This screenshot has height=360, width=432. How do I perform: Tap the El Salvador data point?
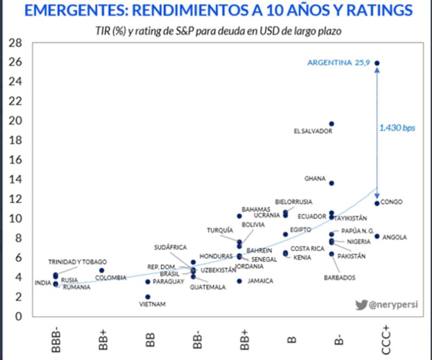[x=332, y=124]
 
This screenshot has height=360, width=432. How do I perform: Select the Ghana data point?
[x=332, y=183]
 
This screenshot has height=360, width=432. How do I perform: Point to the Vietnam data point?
[x=147, y=297]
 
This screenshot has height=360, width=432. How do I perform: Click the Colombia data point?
[x=102, y=270]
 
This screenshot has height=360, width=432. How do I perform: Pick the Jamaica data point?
[x=239, y=281]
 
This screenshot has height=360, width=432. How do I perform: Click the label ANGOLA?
[x=394, y=237]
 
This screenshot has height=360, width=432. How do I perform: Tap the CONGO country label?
[x=391, y=202]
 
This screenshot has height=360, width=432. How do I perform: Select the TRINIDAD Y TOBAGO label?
[x=77, y=262]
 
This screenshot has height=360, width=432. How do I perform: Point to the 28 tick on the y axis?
[x=16, y=43]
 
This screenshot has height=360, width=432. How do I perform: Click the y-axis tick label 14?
[x=16, y=179]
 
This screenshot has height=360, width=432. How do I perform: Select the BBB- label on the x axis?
[x=56, y=337]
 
